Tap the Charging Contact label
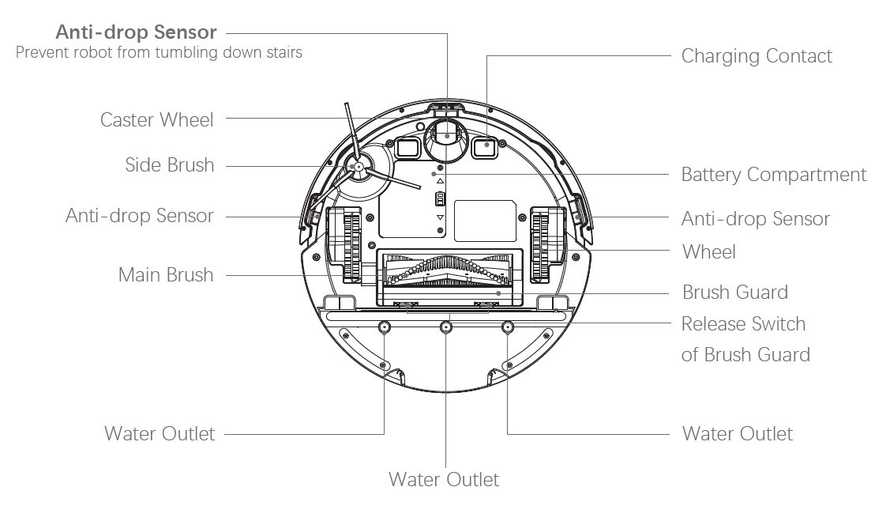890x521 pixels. (756, 56)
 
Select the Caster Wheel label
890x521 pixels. (156, 120)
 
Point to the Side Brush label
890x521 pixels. (169, 165)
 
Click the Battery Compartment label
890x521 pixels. (773, 175)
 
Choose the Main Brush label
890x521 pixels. (165, 275)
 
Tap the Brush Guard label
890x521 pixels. (734, 293)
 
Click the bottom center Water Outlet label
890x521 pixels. (444, 480)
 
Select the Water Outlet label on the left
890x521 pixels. (159, 434)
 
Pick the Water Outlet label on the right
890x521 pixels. (737, 434)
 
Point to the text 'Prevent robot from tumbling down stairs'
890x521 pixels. (159, 54)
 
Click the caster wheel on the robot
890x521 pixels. (446, 139)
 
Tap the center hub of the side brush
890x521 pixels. (358, 167)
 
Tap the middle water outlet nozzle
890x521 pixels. (446, 327)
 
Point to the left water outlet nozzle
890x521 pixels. (384, 327)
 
